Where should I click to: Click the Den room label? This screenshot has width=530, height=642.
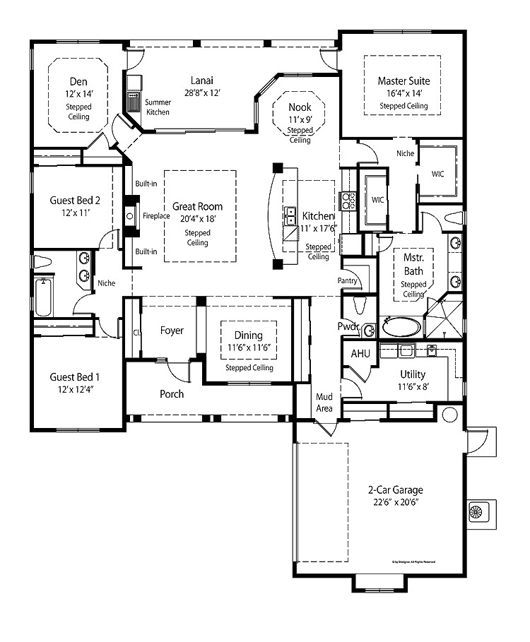pos(78,81)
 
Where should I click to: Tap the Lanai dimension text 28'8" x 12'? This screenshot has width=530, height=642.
pos(201,93)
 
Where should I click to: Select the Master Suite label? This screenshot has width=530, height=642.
pos(404,81)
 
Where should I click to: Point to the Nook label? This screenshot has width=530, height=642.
pos(300,107)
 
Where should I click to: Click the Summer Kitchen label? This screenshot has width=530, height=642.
pos(158,107)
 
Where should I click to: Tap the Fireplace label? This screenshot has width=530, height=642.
pos(157,215)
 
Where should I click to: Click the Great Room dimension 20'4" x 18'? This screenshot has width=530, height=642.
pos(197,219)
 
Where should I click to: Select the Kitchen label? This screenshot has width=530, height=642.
pos(318,215)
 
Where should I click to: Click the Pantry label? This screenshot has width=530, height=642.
pos(348,280)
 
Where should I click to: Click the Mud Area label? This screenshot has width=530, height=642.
pos(324,402)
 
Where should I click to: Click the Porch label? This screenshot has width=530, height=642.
pos(171,393)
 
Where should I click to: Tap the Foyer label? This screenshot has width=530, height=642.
pos(172,330)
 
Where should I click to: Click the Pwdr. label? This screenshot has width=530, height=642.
pos(349,327)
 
